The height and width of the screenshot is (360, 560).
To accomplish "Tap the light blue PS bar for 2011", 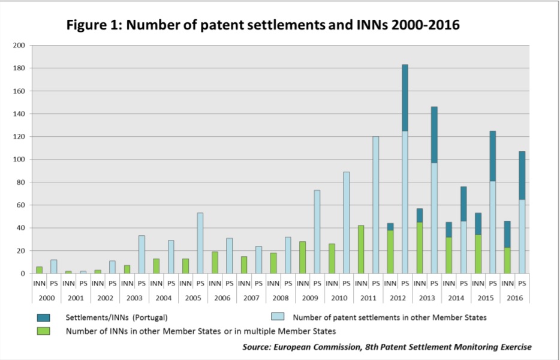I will point(375,205).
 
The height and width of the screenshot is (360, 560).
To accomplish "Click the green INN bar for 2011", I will point(361,249).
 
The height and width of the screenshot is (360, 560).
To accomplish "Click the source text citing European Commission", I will point(387,347).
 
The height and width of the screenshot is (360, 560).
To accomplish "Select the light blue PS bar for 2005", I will point(200,242).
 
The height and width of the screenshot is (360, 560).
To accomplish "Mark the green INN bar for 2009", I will point(302,257).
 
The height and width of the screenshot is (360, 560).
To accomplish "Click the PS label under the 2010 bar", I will point(346,283).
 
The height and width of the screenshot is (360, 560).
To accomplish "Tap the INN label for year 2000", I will point(39,283).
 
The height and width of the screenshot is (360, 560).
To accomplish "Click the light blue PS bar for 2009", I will point(317,232).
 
